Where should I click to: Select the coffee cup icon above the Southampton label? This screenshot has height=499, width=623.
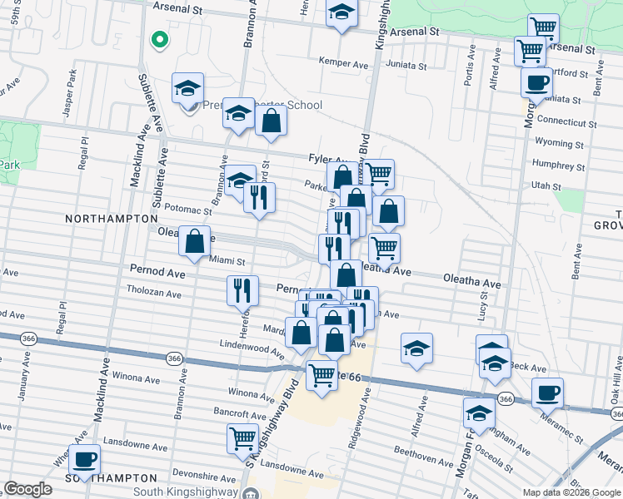pos(84,458)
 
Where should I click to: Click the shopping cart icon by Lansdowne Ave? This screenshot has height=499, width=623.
pos(243,437)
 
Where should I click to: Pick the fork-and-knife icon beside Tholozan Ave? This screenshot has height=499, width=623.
pos(242,289)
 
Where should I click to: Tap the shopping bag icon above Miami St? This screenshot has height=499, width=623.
pos(194,242)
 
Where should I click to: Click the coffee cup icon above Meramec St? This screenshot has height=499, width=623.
pos(547,393)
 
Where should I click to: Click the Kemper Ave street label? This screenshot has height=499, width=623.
pos(344,62)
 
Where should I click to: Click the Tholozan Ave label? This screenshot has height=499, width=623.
pos(153,293)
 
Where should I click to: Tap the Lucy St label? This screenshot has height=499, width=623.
pos(482,311)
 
